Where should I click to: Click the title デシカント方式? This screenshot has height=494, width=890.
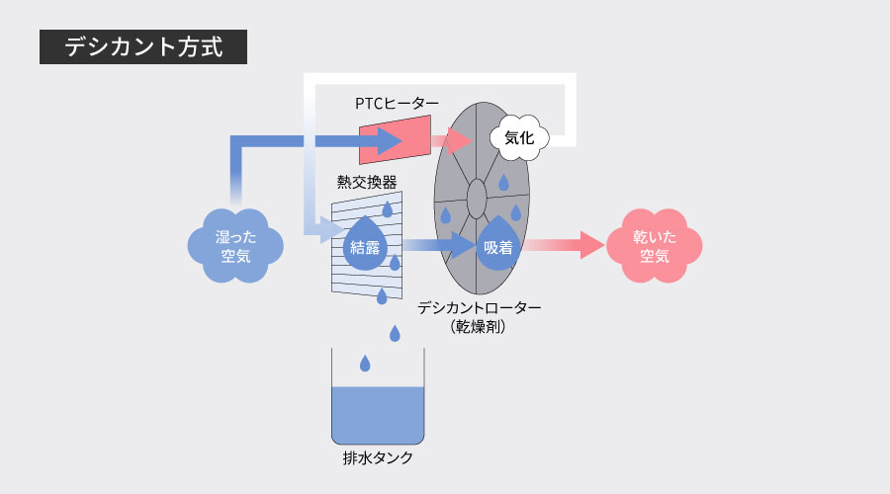[142, 46]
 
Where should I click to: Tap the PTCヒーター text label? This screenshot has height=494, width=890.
[397, 103]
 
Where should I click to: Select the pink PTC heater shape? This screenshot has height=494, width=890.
[396, 139]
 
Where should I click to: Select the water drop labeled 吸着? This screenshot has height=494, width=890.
[498, 246]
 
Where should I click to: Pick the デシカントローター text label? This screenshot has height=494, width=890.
[479, 307]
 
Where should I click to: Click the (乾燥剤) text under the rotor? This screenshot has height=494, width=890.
[479, 326]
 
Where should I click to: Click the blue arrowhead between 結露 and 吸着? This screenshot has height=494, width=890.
[459, 245]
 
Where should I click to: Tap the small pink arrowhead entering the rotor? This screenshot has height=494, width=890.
[457, 141]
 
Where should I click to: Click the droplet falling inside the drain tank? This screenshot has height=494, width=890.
[365, 364]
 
